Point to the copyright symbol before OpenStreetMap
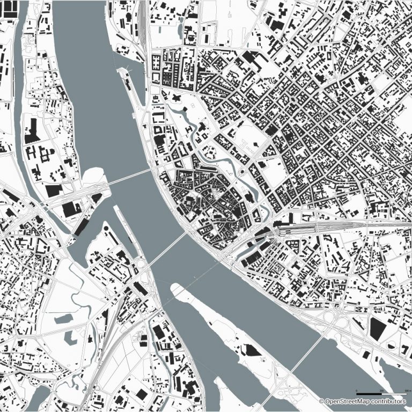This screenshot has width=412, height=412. pos(322,401)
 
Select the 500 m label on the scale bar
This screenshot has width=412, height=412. pos(406,389)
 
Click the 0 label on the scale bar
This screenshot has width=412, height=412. pos(357,389)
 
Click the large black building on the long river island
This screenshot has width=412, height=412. pos(249,351)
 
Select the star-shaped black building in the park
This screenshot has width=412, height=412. pos(176,97)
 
